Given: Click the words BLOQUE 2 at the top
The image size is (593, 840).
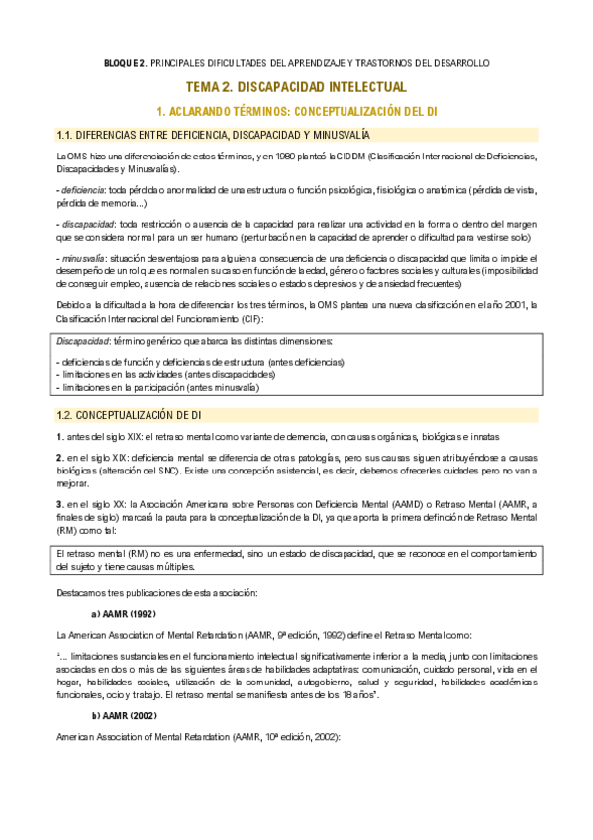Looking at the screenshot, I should (125, 63).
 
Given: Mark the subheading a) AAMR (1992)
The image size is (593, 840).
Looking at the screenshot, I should (124, 614).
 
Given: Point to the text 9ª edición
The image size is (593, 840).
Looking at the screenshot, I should (281, 632).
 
